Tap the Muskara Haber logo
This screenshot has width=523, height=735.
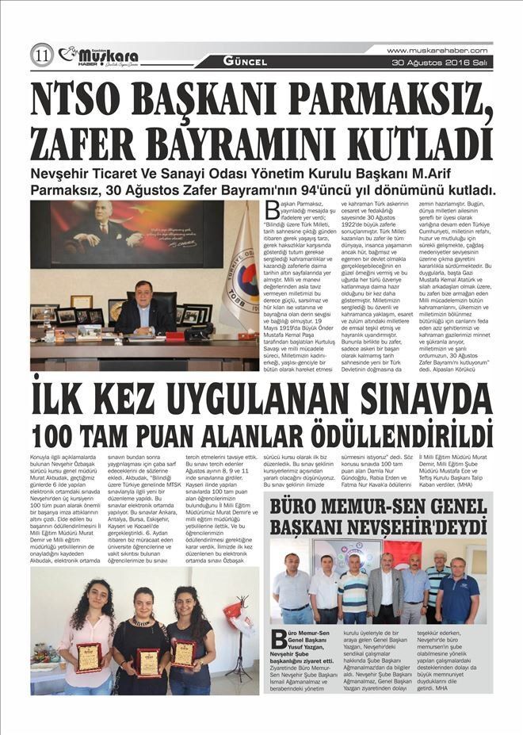click(x=99, y=56)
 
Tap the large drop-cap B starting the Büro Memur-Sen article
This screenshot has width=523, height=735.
click(x=277, y=639)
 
